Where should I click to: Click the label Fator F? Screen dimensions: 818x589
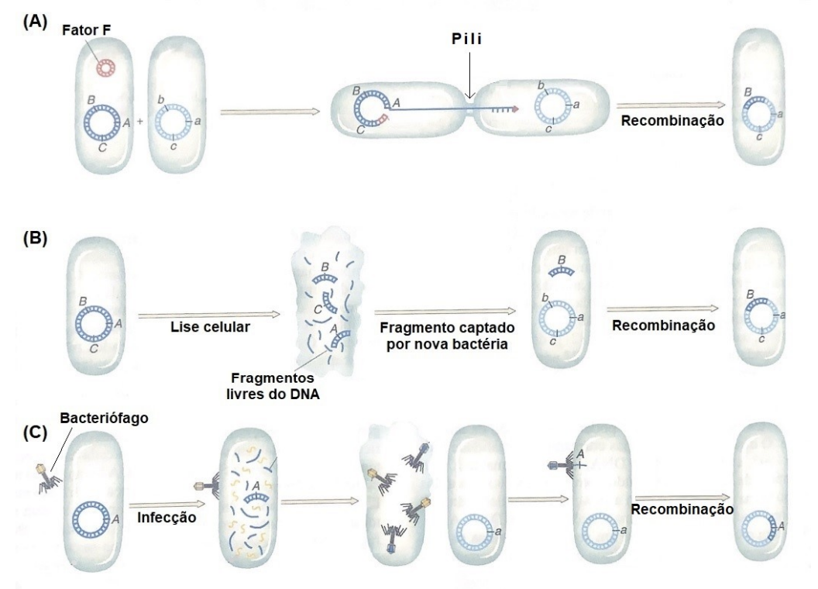(x=86, y=30)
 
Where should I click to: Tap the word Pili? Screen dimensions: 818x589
(x=467, y=40)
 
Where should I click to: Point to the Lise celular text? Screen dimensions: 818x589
(x=210, y=327)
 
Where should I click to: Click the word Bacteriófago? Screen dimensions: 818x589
(x=104, y=418)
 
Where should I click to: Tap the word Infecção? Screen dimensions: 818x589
(x=167, y=518)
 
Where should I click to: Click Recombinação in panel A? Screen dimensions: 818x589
(x=672, y=121)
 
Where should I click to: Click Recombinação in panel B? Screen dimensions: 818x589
(x=664, y=325)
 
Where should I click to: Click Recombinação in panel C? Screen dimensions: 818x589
(x=682, y=508)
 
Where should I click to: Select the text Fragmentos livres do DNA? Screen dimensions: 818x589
(x=273, y=385)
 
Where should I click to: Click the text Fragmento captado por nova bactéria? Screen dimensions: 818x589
(x=447, y=336)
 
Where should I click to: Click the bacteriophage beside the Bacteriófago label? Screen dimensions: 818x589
(x=48, y=477)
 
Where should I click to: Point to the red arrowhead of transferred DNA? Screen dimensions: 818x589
(x=515, y=109)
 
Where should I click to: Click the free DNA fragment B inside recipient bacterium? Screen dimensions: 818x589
(x=561, y=271)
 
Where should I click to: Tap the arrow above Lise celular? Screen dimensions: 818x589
(x=208, y=315)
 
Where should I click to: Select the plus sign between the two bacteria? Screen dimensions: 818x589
(x=139, y=122)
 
